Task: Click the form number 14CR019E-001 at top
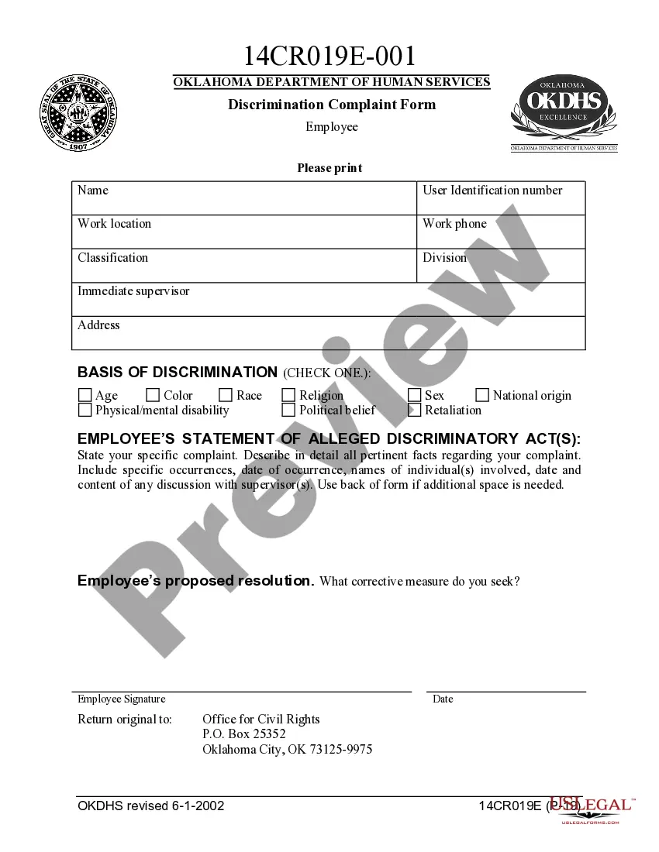(329, 56)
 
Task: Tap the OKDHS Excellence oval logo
(564, 109)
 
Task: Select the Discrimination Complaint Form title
(331, 105)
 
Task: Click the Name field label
(93, 191)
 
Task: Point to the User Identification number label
(492, 191)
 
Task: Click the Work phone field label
(454, 224)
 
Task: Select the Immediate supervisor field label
(133, 291)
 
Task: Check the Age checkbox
(85, 396)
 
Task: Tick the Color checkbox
(153, 396)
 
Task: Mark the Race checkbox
(226, 396)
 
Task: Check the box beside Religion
(288, 396)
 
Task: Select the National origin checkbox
(482, 396)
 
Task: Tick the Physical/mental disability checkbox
(85, 411)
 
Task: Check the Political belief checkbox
(288, 411)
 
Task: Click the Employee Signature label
(121, 699)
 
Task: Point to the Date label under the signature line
(443, 699)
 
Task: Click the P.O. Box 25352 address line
(244, 734)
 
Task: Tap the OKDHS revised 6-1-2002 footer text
(151, 806)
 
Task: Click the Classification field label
(112, 258)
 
